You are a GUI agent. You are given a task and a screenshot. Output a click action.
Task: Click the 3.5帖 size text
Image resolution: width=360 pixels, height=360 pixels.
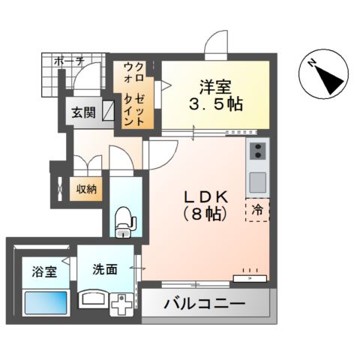[x=217, y=103]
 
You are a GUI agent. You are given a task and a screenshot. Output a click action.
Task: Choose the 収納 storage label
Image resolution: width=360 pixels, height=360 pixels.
[x=85, y=189]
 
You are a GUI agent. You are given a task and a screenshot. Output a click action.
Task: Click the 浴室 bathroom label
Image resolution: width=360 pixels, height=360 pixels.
[x=43, y=271]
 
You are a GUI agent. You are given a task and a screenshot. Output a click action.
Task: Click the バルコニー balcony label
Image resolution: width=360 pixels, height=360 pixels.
[x=205, y=306]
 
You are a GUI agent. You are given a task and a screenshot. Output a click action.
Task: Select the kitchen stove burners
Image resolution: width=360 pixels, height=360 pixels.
[x=257, y=154]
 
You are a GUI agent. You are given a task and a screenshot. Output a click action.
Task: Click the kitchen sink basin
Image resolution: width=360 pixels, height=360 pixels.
[x=257, y=181]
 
